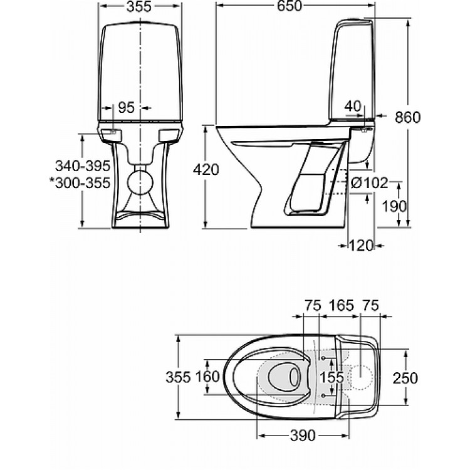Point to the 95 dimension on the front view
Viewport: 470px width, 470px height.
click(x=127, y=108)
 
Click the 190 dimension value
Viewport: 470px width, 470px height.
click(x=395, y=206)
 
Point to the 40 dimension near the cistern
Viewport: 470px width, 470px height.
click(x=353, y=107)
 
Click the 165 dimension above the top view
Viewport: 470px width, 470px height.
click(x=341, y=305)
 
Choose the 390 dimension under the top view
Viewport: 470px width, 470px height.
click(x=302, y=435)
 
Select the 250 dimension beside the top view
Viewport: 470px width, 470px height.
click(x=405, y=377)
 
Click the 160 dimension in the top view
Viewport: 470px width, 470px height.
click(x=207, y=377)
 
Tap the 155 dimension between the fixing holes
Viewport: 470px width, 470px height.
click(x=332, y=377)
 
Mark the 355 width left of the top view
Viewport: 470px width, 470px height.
click(x=178, y=377)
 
